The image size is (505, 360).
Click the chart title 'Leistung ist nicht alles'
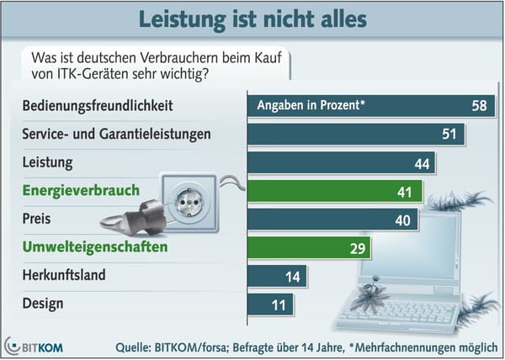[x=252, y=18]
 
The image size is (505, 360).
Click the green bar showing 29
[x=303, y=249]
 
